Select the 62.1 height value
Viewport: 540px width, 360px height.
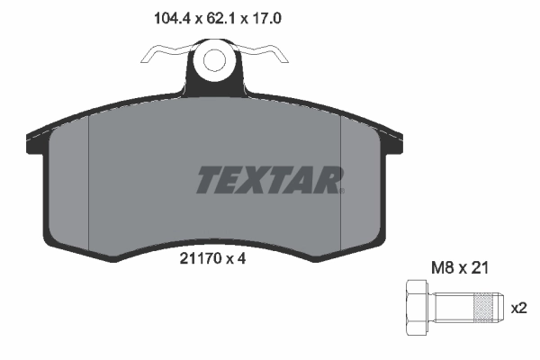coord(213,15)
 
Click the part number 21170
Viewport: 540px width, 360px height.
coord(201,258)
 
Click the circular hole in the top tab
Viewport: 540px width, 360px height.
coord(214,60)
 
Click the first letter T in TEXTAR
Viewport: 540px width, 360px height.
coord(209,180)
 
